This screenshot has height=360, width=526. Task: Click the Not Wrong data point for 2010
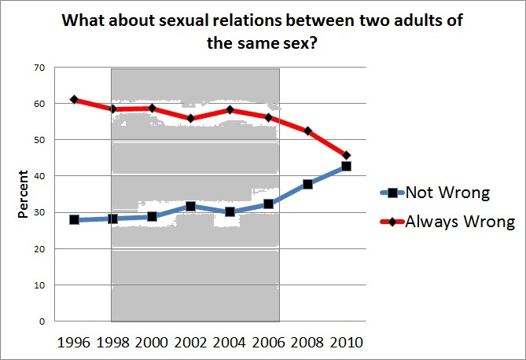(x=346, y=167)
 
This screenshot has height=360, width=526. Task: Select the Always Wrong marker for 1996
(x=74, y=100)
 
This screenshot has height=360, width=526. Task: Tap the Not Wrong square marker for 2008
(x=307, y=184)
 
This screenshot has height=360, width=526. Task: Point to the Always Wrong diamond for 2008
(x=307, y=130)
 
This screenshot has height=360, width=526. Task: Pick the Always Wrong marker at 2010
(x=346, y=155)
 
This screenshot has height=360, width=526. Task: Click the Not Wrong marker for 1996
(x=74, y=220)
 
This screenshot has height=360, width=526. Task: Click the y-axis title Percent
(x=23, y=194)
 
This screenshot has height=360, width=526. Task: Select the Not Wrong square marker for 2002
(x=190, y=207)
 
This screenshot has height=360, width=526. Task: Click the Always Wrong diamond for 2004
(x=230, y=110)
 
